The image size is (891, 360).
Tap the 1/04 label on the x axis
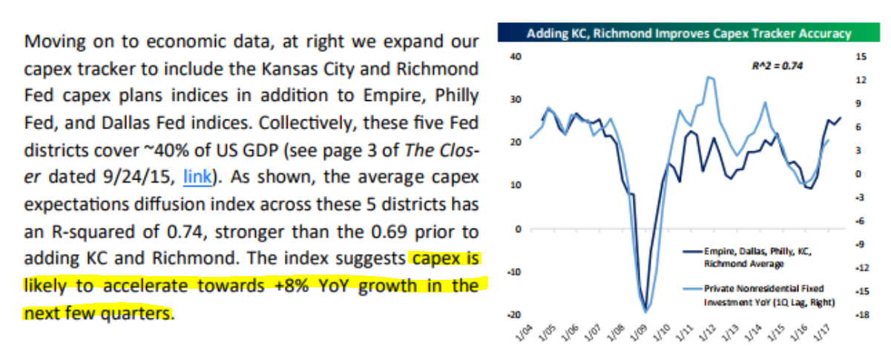pos(522,332)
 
